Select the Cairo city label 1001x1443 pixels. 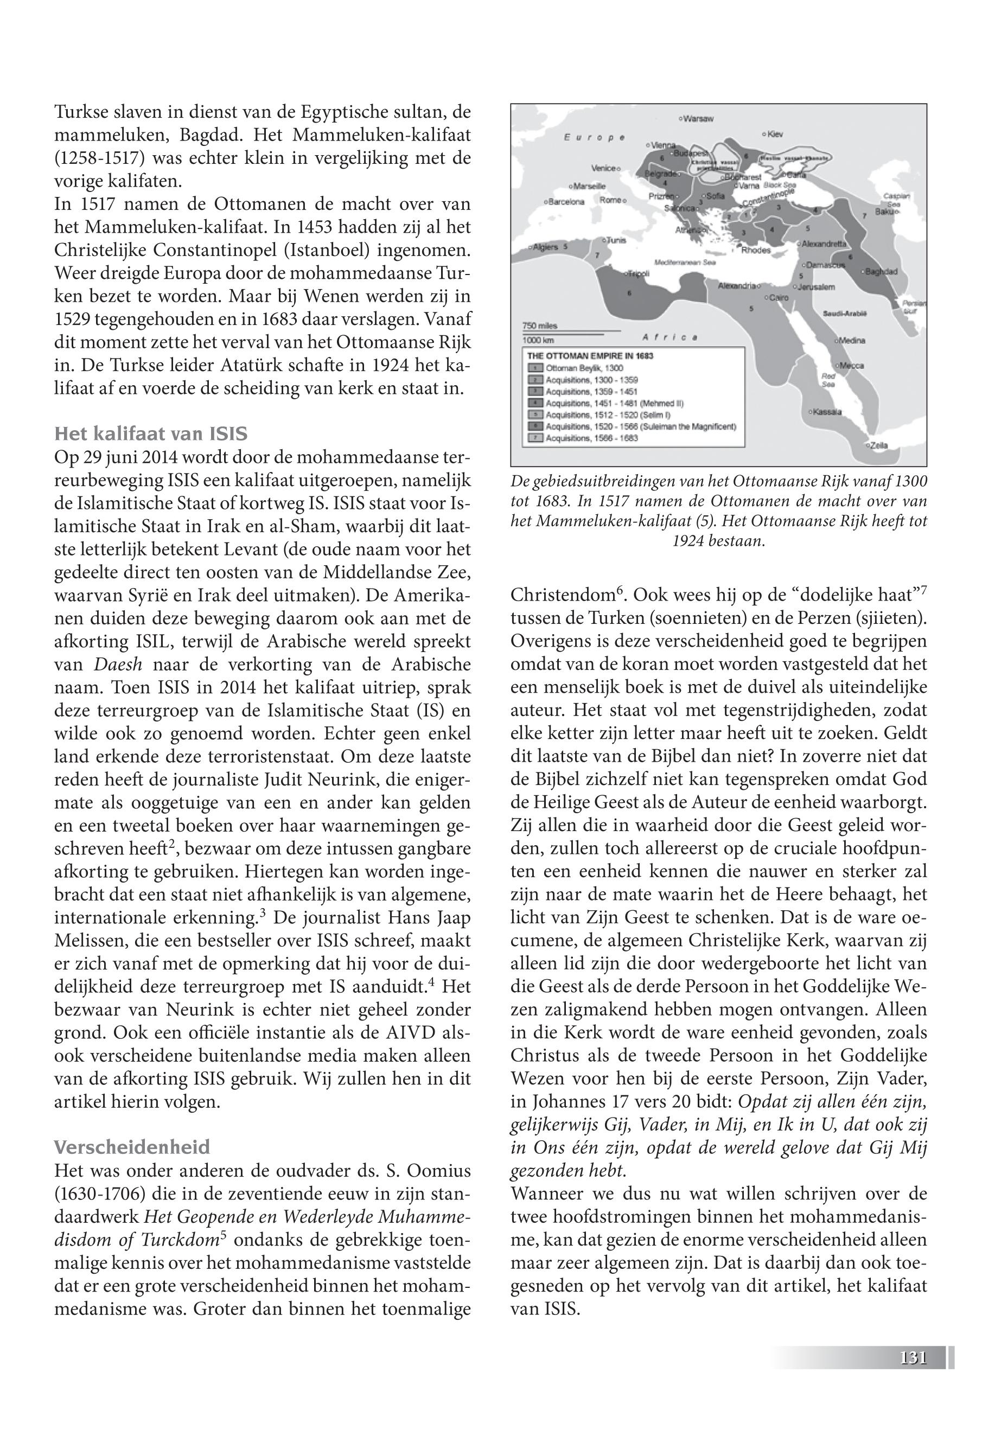777,298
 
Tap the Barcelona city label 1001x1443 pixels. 566,202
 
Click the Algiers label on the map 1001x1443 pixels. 545,247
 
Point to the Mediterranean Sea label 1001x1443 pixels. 684,263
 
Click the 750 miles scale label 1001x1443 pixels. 539,326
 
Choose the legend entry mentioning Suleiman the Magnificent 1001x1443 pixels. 640,426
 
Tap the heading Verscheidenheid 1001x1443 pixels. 132,1148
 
